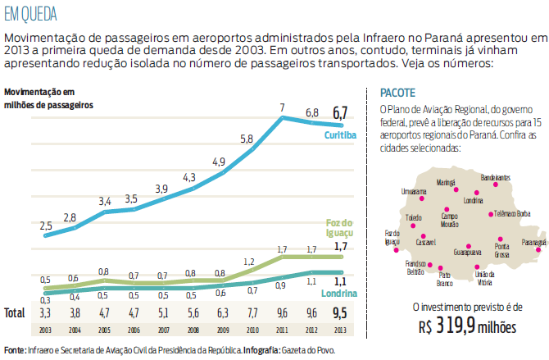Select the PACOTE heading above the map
(x=397, y=93)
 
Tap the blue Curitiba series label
(x=338, y=134)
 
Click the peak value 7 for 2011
(x=283, y=107)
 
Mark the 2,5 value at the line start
(x=46, y=225)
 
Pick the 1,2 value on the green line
(x=248, y=262)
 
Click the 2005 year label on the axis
(x=105, y=330)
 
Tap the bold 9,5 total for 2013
(x=340, y=312)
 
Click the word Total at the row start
(x=14, y=312)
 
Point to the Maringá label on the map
(x=446, y=182)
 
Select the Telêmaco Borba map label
(x=512, y=213)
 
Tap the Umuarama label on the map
(x=414, y=189)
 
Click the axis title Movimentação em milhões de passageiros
(x=48, y=98)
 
